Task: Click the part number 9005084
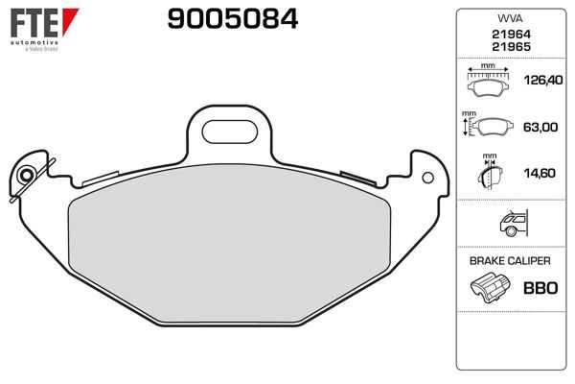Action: [232, 18]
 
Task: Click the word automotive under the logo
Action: [34, 42]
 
